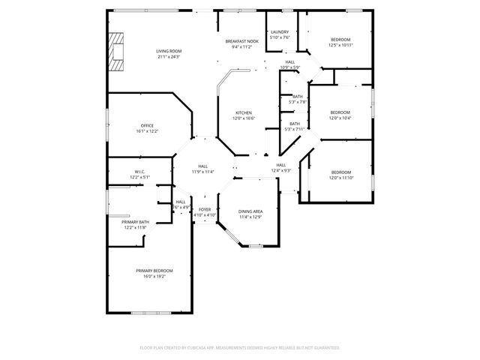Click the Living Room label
169,51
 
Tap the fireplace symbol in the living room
116,52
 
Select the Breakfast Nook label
241,41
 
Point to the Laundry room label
280,32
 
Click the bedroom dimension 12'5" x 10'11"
340,45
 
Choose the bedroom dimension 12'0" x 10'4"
340,118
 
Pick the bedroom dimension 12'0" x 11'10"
340,178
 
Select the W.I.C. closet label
140,172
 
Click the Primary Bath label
136,222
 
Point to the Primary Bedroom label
154,270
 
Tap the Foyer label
205,209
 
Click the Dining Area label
250,211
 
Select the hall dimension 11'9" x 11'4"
203,171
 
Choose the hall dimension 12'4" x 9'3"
281,170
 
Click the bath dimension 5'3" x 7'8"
297,102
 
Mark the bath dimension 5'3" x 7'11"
295,129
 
